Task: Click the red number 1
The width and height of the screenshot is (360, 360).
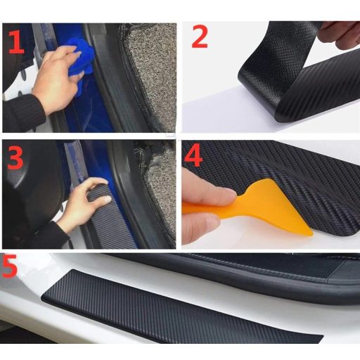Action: coord(15,42)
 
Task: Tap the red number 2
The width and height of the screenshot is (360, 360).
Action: coord(200,37)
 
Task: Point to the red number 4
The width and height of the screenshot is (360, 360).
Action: coord(193,155)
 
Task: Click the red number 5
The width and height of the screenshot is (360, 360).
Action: coord(9,266)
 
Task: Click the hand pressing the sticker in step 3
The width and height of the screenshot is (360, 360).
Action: coord(83,202)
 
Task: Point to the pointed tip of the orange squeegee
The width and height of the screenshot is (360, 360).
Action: coord(312,234)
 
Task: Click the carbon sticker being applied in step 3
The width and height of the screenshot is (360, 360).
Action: coord(110,218)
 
